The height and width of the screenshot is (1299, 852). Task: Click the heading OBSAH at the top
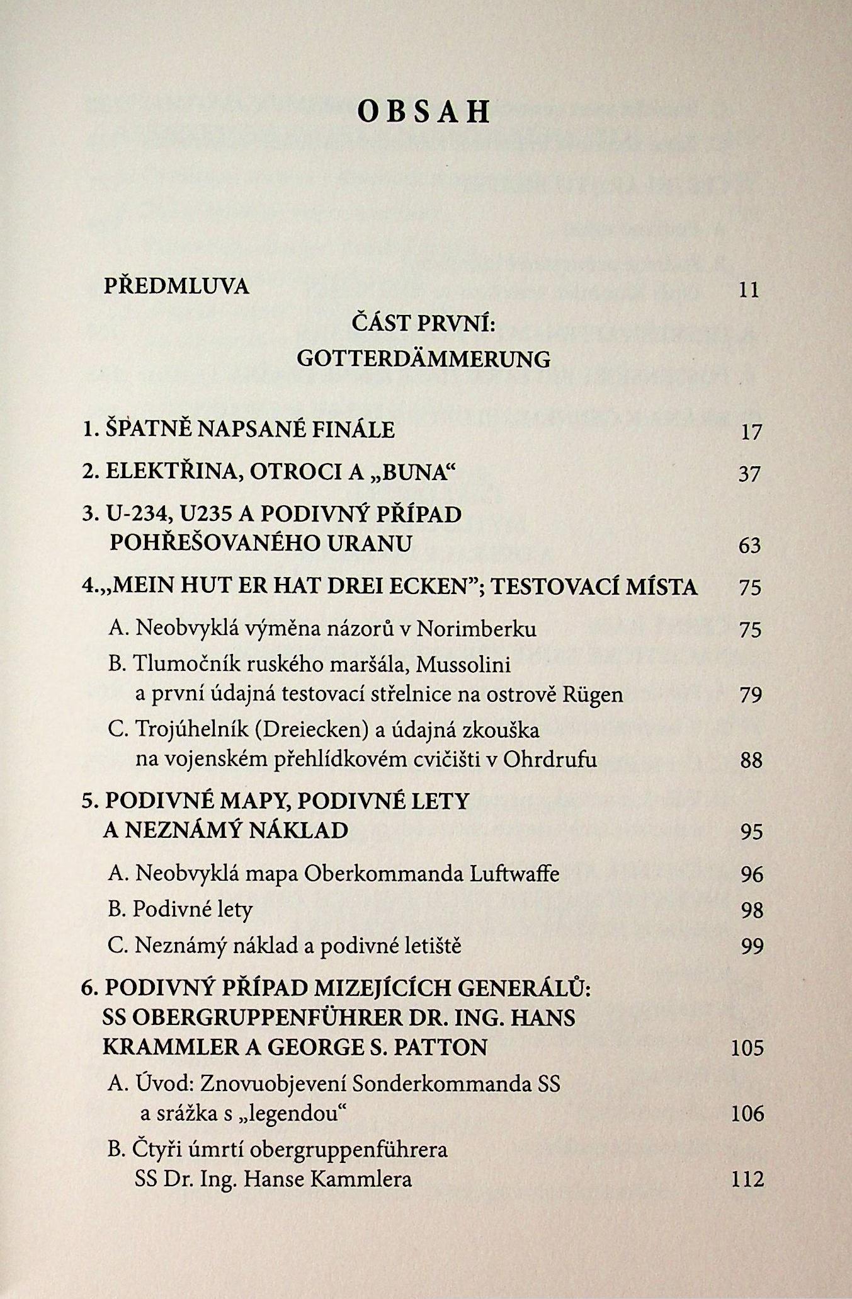(x=423, y=112)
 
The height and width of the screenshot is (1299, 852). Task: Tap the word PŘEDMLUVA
(x=176, y=287)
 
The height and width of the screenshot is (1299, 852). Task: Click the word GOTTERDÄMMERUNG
(x=423, y=359)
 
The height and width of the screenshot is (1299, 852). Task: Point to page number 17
(x=751, y=432)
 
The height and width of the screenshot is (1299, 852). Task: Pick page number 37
(x=750, y=474)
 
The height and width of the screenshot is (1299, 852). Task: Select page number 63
(x=750, y=546)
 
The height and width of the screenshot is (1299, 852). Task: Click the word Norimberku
(x=477, y=629)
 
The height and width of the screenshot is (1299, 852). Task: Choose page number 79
(x=751, y=695)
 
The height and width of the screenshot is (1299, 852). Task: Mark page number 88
(x=751, y=761)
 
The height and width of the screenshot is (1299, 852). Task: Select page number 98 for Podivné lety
(x=752, y=910)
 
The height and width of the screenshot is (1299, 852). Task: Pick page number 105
(x=747, y=1049)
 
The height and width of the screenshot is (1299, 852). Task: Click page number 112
(x=747, y=1179)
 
